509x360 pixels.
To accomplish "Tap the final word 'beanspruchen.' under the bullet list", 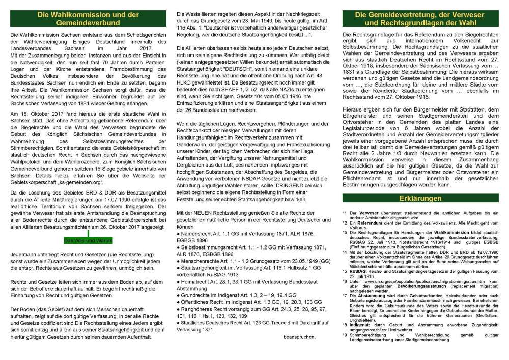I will (x=299, y=337).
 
